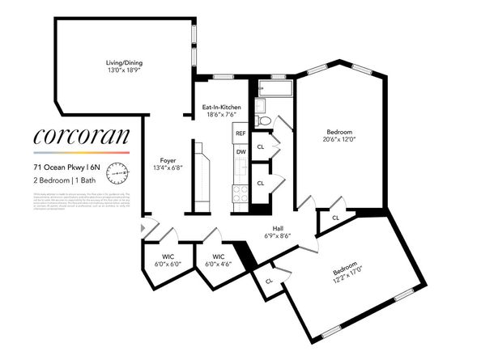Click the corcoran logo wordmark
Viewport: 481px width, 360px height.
tap(81, 138)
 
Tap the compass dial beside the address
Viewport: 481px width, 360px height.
tap(121, 172)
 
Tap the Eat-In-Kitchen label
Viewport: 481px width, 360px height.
tap(221, 111)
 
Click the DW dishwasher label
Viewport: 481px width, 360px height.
tap(240, 152)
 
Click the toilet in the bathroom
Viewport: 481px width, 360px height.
tap(262, 121)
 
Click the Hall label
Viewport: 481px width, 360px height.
tap(278, 231)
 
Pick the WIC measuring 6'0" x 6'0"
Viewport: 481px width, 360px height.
tap(155, 260)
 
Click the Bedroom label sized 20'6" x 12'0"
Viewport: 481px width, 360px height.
tap(338, 135)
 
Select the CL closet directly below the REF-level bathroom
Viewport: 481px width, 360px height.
tap(261, 147)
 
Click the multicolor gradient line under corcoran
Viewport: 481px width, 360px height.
tap(81, 153)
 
